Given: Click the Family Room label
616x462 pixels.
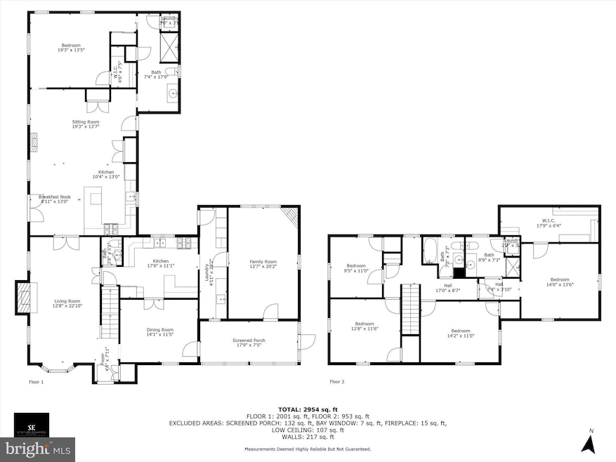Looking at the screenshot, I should point(264,264).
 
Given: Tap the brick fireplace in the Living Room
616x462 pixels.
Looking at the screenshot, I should point(26,298).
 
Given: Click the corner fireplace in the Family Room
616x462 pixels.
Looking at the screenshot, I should point(290,217).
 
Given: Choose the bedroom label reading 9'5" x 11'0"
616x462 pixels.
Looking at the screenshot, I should point(356,268).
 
